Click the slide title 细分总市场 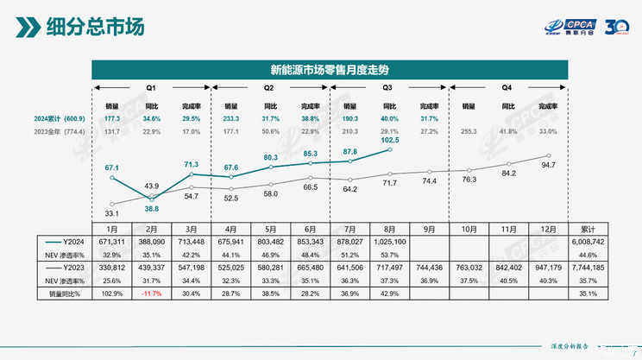pos(95,27)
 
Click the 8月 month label pos(390,230)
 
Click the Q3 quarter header pos(387,89)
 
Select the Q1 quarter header pos(151,89)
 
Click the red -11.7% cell pos(152,294)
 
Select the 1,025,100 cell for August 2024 pos(391,243)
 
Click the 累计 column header pos(588,230)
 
